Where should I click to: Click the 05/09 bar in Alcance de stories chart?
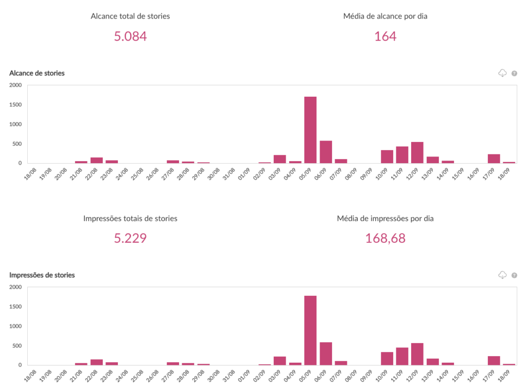(310, 130)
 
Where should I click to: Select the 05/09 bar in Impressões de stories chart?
(310, 330)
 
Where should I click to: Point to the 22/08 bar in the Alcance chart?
(97, 160)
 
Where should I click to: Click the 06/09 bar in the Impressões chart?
(326, 353)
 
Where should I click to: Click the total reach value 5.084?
(130, 37)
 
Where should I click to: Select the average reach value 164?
(385, 37)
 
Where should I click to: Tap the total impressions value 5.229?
(130, 238)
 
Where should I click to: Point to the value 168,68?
(385, 238)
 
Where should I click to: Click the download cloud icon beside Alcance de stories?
(502, 73)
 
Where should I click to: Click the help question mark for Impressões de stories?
(514, 275)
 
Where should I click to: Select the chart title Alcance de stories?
(37, 73)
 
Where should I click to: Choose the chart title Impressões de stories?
(42, 275)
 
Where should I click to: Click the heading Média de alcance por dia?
(385, 16)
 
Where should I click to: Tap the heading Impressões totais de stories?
(130, 219)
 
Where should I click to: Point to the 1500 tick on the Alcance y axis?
(15, 105)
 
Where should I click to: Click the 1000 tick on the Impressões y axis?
(15, 326)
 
